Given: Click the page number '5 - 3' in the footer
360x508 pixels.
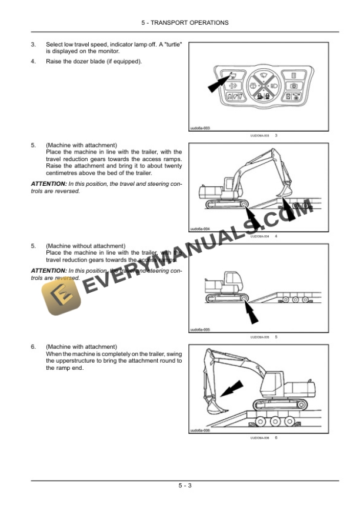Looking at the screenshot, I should (186, 485).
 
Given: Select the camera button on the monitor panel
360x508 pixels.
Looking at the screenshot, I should (292, 86).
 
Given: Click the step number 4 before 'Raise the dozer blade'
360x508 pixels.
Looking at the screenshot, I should (33, 61).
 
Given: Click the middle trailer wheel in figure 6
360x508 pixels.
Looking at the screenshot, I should (274, 422).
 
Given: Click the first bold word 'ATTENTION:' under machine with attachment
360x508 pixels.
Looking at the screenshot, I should (48, 184).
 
